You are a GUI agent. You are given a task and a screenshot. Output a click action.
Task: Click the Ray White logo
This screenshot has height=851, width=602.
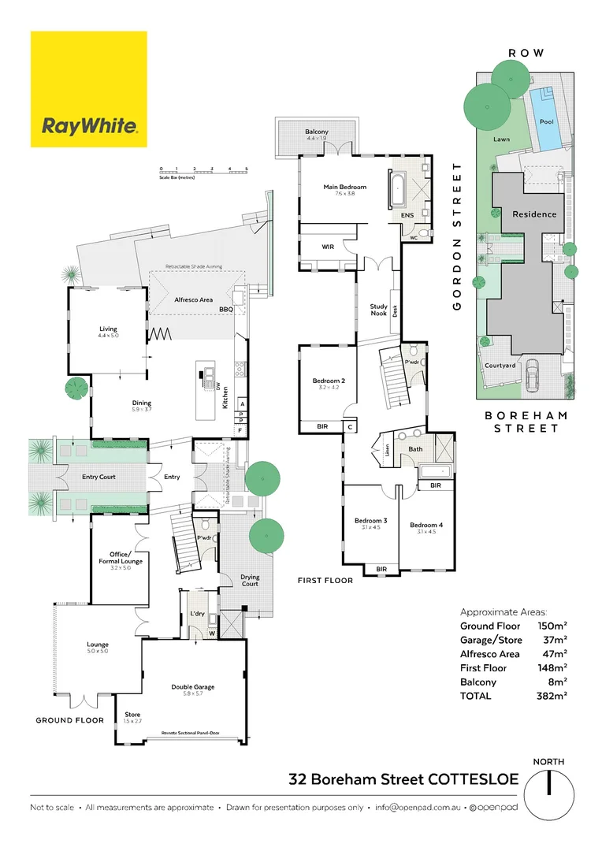point(89,89)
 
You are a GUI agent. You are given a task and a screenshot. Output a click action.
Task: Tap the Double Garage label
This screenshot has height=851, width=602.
point(193,687)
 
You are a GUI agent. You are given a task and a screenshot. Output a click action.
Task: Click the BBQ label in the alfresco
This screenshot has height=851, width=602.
point(226,310)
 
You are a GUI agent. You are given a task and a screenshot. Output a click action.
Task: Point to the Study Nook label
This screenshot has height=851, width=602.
point(379,310)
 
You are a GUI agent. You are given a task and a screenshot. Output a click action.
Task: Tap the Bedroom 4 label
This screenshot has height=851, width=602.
point(426,525)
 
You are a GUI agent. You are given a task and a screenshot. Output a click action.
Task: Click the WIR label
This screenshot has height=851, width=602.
point(329,247)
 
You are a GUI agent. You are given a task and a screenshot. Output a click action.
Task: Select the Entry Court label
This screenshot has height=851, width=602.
point(98,477)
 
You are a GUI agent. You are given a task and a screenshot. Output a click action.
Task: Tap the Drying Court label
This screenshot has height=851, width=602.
point(250,581)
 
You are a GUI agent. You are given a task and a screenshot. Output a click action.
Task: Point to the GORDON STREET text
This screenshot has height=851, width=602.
point(457,237)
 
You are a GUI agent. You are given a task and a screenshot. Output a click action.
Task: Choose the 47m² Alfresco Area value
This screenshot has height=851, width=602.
point(556,654)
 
